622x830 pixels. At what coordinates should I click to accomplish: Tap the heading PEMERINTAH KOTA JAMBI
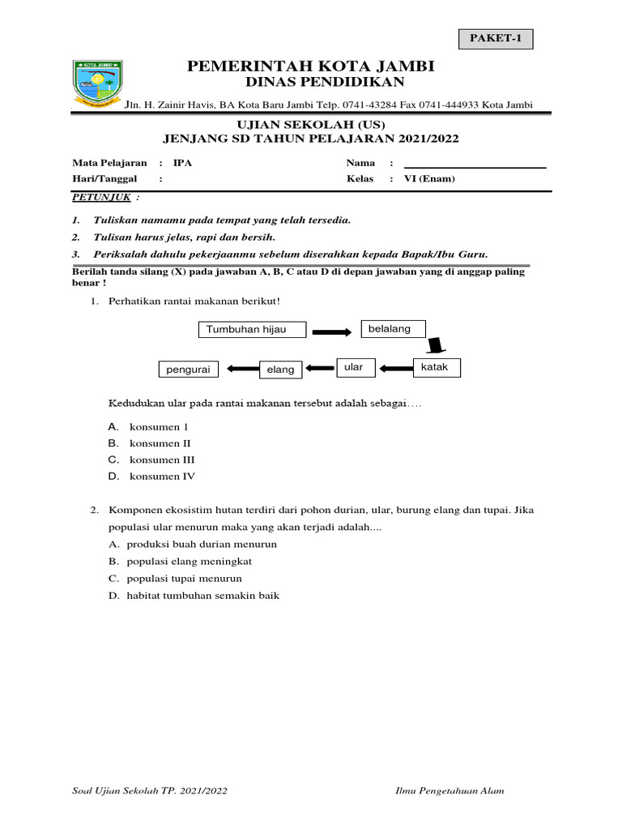(311, 66)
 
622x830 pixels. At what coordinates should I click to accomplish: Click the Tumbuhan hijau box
(241, 329)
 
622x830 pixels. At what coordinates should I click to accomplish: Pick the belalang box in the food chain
(393, 328)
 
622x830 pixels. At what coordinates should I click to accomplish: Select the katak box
(437, 367)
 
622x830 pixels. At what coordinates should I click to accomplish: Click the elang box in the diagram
(280, 370)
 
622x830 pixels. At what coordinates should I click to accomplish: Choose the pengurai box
(190, 370)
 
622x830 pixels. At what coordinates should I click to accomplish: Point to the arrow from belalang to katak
(436, 346)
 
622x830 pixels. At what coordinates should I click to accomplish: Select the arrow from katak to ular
(396, 369)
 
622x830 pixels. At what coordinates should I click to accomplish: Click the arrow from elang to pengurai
(241, 370)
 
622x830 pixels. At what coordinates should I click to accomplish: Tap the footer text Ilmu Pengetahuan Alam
(449, 791)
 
